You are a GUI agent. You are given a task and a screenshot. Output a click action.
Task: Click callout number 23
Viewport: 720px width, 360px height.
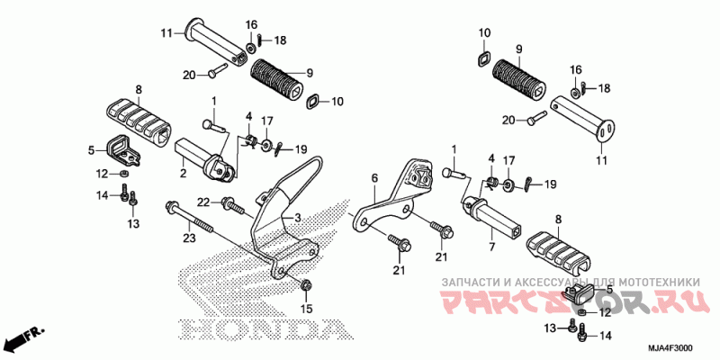(x=188, y=238)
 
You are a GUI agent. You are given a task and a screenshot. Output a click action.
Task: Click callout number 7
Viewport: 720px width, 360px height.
(x=491, y=244)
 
